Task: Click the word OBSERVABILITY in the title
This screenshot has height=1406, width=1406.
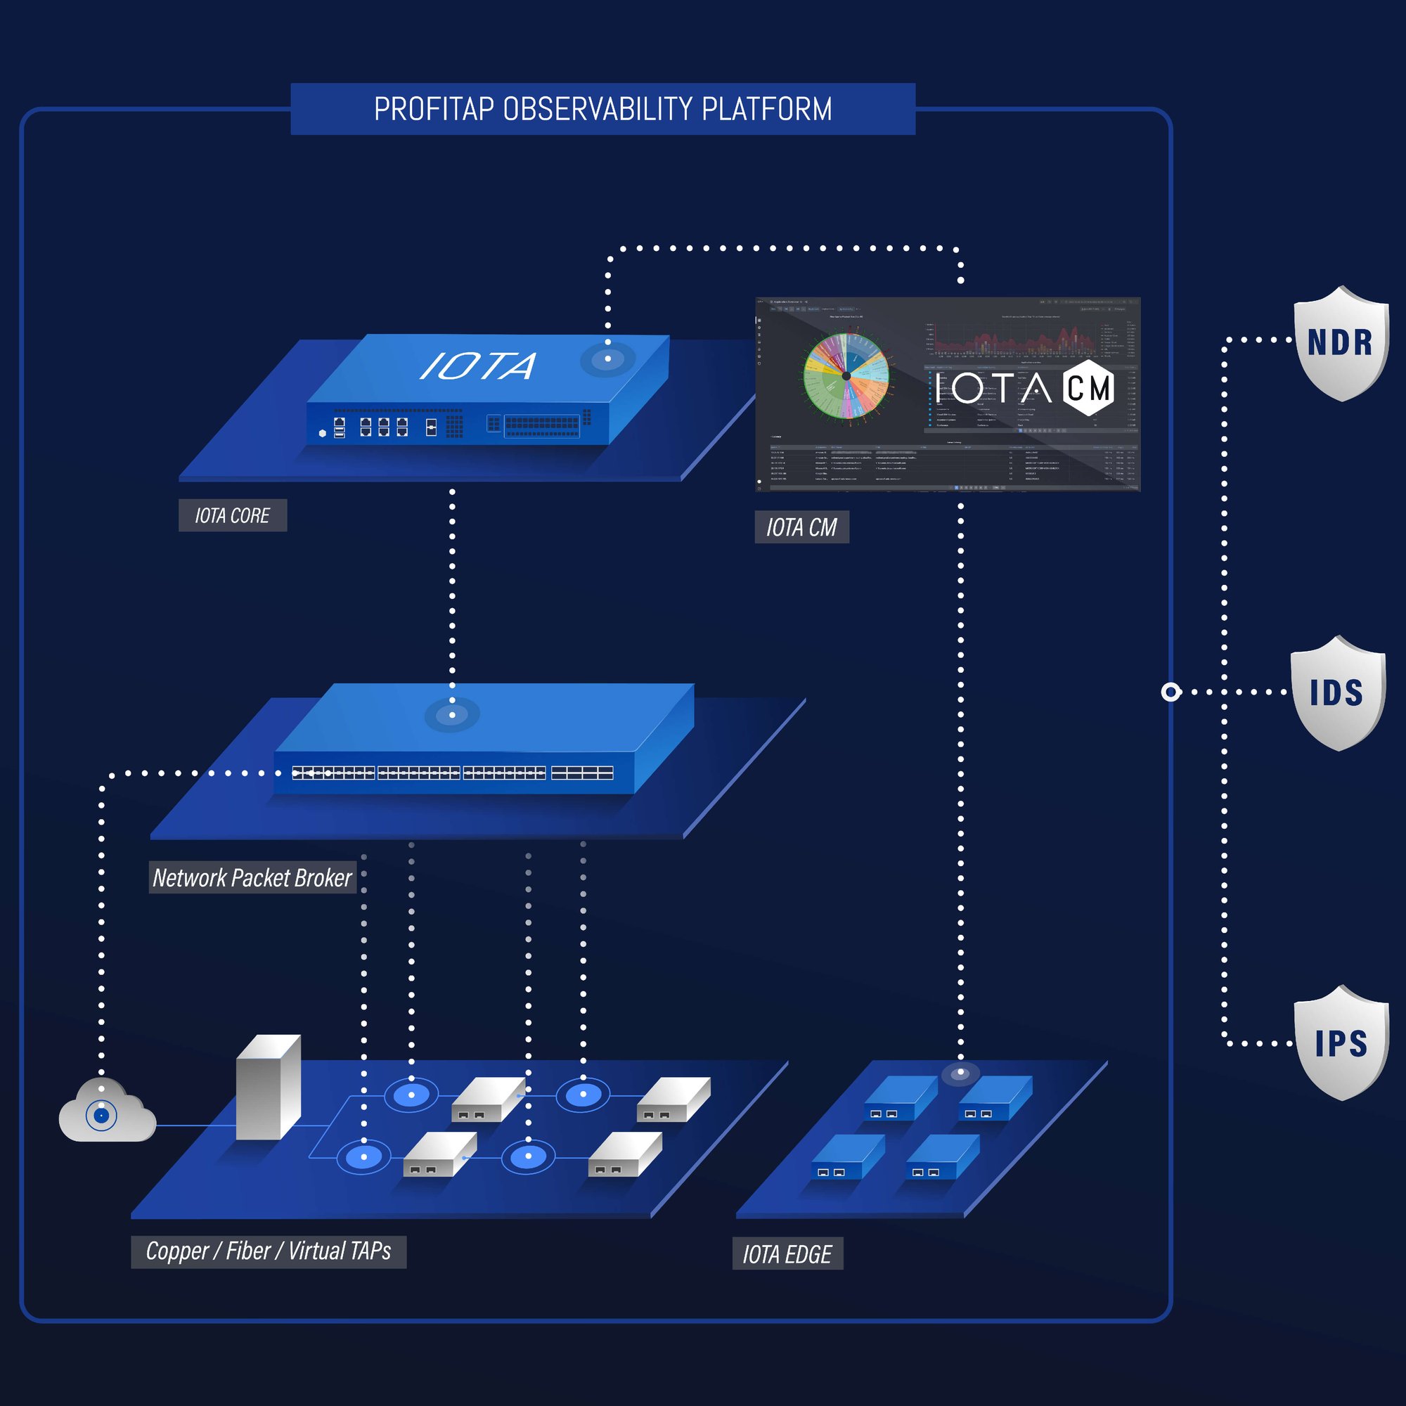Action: [598, 109]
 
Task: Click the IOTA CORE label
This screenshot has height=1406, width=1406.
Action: [232, 515]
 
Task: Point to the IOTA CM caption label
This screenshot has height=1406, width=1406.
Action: [801, 527]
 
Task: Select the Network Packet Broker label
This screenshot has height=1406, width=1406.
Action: [252, 877]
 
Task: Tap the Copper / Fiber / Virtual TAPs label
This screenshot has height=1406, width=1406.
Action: [268, 1251]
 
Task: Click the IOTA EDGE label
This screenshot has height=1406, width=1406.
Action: [787, 1254]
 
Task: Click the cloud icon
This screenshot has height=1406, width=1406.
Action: [106, 1113]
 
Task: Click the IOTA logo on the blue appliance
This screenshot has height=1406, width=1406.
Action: [478, 366]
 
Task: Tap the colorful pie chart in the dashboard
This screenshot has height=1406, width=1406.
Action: [846, 375]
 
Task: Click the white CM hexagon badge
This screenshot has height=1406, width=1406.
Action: [1088, 387]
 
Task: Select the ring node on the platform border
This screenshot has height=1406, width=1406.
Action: [1170, 691]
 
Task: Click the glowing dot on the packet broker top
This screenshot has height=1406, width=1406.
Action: [452, 714]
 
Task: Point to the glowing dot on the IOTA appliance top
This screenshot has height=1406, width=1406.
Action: [607, 359]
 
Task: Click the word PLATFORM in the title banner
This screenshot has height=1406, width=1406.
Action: [766, 109]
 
